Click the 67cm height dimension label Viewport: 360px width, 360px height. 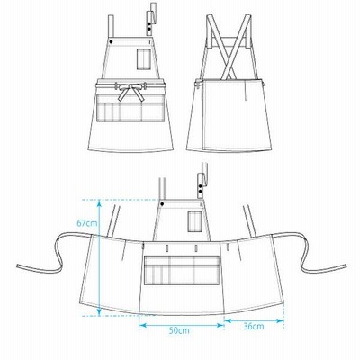pos(87,223)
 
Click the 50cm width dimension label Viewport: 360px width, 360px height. pos(179,330)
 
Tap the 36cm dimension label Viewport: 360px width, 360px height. pos(254,326)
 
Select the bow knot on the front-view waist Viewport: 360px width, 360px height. pos(130,90)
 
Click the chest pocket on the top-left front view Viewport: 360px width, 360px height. pos(144,59)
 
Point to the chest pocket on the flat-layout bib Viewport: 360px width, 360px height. pos(194,221)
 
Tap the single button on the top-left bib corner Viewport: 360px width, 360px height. pos(111,41)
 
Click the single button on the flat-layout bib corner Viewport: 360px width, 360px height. pos(162,204)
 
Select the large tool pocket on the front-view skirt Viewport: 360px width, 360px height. pos(130,108)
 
